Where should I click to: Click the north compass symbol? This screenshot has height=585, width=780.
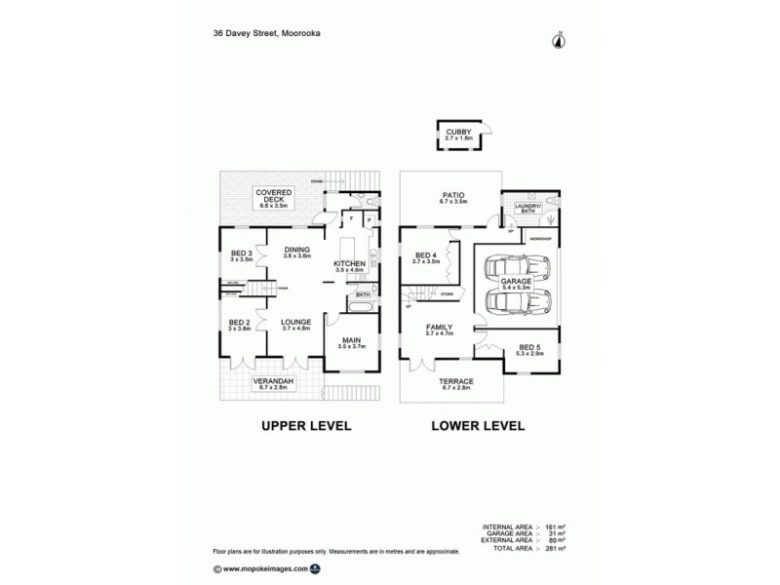(560, 39)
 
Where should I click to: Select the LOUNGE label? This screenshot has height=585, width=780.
(294, 325)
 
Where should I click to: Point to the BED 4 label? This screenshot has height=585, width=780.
(426, 257)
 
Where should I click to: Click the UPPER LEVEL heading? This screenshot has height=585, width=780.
(304, 427)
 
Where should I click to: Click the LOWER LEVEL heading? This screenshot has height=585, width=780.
(477, 427)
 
